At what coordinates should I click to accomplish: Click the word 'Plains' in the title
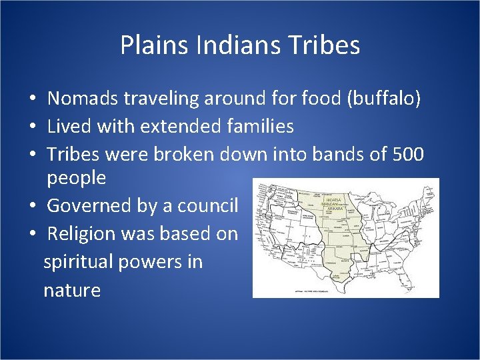(x=148, y=45)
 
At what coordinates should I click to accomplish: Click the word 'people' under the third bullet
(x=76, y=177)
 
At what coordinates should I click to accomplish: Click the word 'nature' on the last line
(x=72, y=290)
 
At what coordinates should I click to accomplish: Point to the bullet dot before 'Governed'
(x=33, y=206)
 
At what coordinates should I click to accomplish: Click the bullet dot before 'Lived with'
(x=33, y=127)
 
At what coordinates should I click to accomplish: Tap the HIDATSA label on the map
(x=333, y=199)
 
